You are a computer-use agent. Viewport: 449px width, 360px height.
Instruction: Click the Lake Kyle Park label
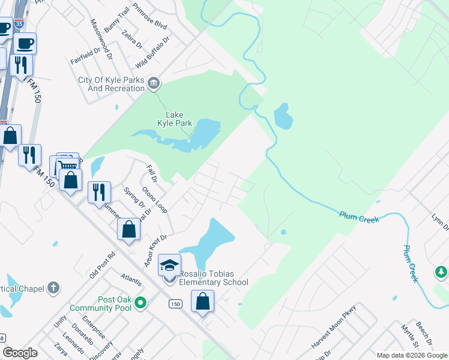[x=175, y=119]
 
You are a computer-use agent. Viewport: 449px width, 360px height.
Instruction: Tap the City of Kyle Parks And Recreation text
[x=111, y=84]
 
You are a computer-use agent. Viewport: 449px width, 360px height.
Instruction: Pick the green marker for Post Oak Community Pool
[x=141, y=303]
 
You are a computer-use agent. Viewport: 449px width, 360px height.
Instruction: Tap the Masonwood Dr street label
[x=101, y=38]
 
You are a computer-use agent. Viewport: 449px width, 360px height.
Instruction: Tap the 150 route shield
[x=175, y=304]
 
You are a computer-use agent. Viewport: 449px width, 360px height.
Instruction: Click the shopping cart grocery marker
[x=68, y=164]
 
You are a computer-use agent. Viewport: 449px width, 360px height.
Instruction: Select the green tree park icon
[x=441, y=273]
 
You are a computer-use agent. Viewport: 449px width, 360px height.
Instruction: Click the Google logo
[x=20, y=353]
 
